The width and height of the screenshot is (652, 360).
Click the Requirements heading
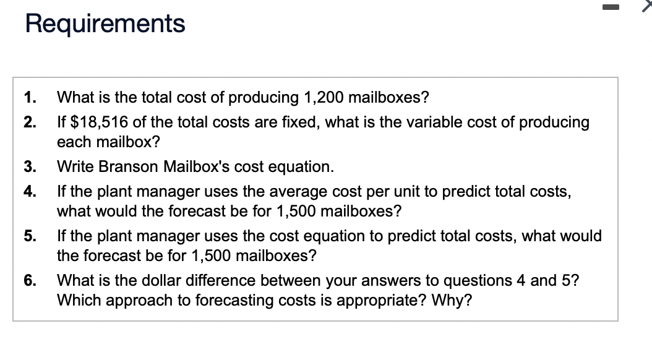click(105, 24)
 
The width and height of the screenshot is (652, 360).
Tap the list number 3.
click(29, 166)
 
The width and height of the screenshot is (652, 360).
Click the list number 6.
click(29, 280)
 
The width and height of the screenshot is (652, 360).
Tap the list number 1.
click(29, 98)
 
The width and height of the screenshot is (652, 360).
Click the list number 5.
click(29, 236)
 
